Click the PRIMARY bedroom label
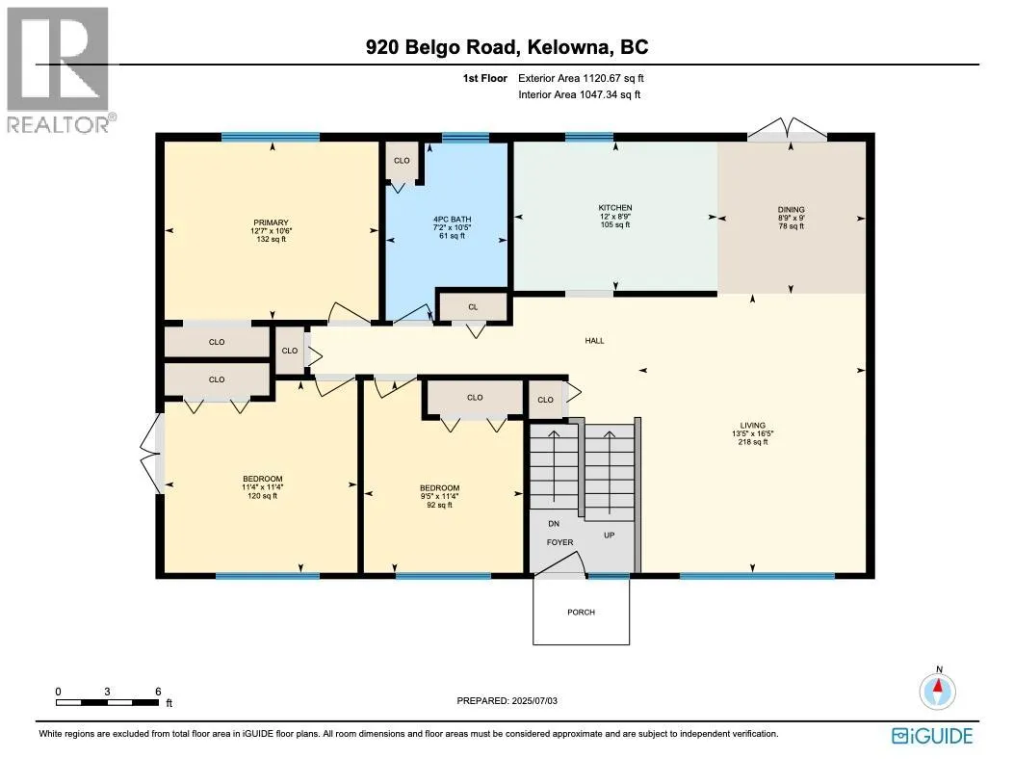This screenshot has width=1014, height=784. tap(271, 222)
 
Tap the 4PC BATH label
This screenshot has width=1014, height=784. tap(452, 220)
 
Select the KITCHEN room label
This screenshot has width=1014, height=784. tap(615, 208)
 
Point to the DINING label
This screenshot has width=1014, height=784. tap(791, 210)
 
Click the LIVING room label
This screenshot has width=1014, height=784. tap(753, 426)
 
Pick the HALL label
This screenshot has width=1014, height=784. tap(594, 340)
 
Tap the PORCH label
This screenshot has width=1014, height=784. tap(581, 612)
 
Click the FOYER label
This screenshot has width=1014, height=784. tap(560, 542)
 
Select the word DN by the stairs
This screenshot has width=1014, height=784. tap(554, 523)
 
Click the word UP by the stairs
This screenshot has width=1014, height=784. tap(610, 535)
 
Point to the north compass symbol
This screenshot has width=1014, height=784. tap(938, 689)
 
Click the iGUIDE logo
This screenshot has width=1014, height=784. tap(932, 736)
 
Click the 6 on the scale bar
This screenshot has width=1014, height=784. tap(158, 692)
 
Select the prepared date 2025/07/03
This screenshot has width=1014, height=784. tap(533, 700)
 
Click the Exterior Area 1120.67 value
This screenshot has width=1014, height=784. tap(613, 78)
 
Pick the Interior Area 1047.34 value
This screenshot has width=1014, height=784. tap(611, 94)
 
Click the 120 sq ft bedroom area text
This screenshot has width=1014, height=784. tap(263, 496)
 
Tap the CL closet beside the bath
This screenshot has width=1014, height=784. tap(474, 306)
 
